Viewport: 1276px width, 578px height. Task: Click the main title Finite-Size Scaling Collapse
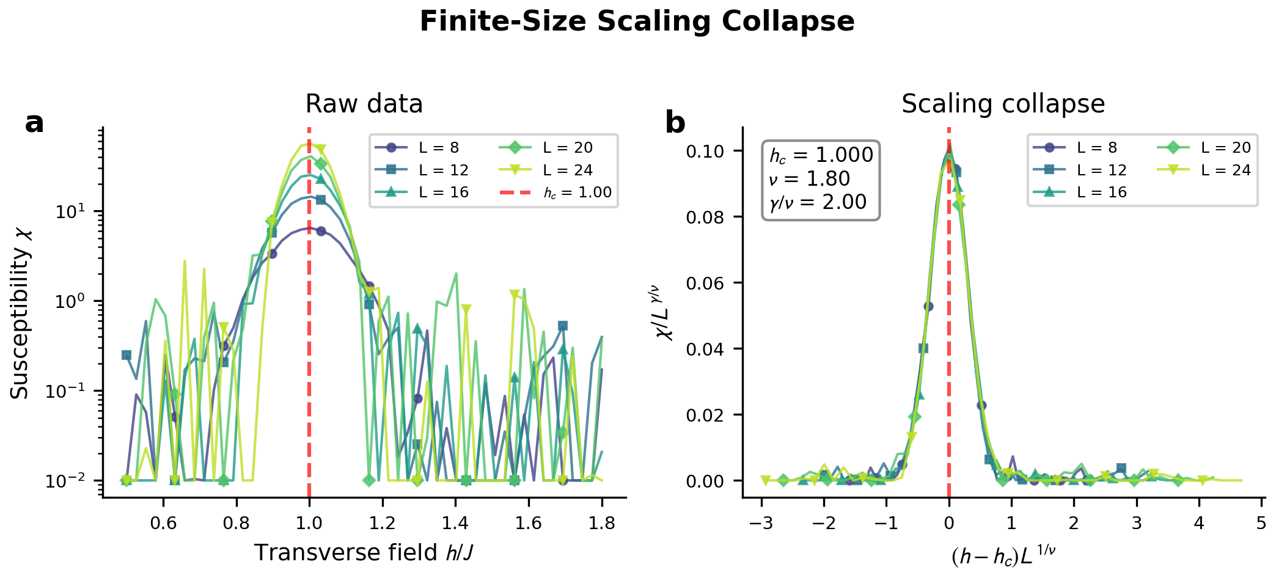click(637, 22)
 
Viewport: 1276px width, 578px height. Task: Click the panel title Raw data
click(364, 104)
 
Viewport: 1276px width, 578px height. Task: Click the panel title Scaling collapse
click(1003, 104)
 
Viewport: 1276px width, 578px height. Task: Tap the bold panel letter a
click(34, 123)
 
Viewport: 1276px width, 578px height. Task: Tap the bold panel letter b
click(675, 123)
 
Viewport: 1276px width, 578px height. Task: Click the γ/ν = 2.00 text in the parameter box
click(818, 202)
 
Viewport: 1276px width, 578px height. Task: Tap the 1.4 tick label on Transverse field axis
click(455, 524)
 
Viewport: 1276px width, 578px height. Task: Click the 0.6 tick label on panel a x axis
click(163, 524)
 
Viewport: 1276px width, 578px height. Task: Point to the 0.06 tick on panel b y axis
click(708, 283)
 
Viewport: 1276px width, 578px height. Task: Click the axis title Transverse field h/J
click(364, 553)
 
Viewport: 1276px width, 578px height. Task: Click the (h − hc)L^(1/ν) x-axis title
click(1003, 555)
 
